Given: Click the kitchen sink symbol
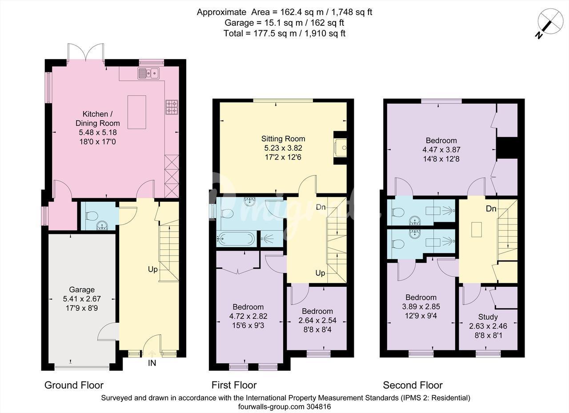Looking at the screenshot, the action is [x=148, y=73].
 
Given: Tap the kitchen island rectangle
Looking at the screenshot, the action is [x=136, y=112].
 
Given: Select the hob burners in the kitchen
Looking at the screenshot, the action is [x=172, y=107].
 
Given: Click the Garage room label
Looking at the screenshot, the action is [x=82, y=289].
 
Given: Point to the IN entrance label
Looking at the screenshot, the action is [x=152, y=363].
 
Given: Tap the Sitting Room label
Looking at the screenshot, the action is [x=283, y=139].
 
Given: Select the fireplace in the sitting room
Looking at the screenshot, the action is [x=341, y=148].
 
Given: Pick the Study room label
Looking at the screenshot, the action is [x=488, y=317].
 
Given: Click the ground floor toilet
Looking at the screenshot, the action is [x=92, y=216].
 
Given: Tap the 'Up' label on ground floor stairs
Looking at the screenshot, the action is [x=152, y=269].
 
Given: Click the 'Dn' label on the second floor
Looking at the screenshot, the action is [x=491, y=209].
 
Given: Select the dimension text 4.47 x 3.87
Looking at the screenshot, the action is [x=441, y=150].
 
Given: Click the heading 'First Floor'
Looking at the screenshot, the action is [x=234, y=385].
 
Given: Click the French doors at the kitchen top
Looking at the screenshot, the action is [x=86, y=53].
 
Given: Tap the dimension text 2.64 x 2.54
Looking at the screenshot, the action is [x=317, y=320].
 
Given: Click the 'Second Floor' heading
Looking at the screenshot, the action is [x=413, y=385].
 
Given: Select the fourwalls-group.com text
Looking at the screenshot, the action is [x=271, y=407].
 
